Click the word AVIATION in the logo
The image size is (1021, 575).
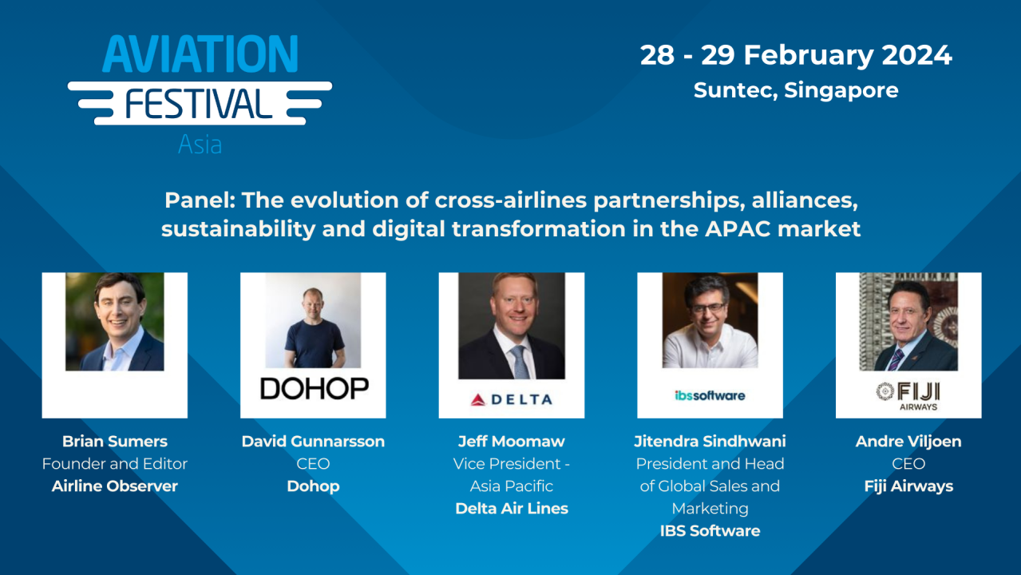(200, 55)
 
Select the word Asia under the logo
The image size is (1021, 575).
(200, 145)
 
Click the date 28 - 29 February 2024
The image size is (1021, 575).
(796, 55)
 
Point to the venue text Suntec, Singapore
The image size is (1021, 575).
(796, 90)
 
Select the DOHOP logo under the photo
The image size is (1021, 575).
(313, 389)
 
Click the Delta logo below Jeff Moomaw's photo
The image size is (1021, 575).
(511, 399)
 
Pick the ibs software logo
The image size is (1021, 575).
(710, 395)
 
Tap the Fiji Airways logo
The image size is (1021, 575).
(908, 395)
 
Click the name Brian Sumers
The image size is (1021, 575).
(114, 441)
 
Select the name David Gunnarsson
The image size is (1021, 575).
(313, 441)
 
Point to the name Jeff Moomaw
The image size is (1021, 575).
(511, 441)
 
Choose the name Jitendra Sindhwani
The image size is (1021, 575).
(710, 441)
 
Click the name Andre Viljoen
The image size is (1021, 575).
(908, 441)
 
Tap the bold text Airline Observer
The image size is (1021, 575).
(114, 486)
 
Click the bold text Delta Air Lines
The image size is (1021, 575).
(511, 508)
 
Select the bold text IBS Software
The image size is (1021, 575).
(710, 530)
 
